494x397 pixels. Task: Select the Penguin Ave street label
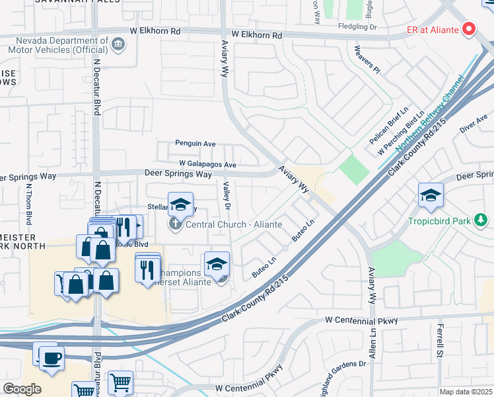(x=195, y=143)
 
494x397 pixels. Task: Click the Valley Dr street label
(x=227, y=197)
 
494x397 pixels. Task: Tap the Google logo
(x=22, y=388)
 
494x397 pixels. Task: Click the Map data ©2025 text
(x=466, y=392)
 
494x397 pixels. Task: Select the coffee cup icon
(x=51, y=358)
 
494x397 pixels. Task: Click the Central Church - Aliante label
(x=234, y=224)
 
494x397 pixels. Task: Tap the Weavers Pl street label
(x=368, y=58)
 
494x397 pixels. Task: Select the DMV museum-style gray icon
(x=118, y=44)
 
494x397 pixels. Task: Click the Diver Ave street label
(x=474, y=124)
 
